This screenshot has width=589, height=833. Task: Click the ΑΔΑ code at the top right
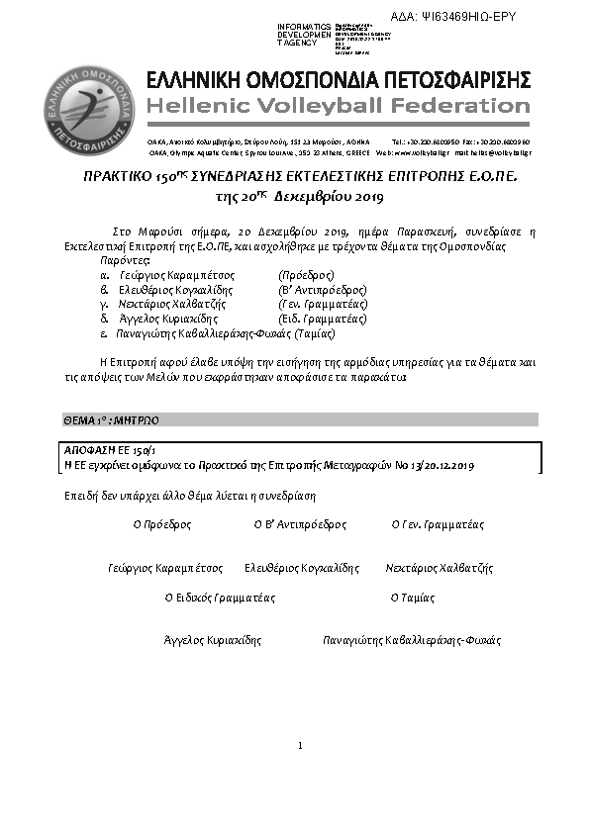tap(466, 17)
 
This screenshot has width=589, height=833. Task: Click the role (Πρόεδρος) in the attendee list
tap(307, 274)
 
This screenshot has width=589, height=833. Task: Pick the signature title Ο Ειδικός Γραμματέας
tap(220, 598)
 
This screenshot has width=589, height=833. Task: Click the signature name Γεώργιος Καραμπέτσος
tap(165, 569)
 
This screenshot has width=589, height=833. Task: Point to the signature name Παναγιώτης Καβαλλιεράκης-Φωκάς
tap(412, 640)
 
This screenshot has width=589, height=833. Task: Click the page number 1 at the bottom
tap(299, 745)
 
